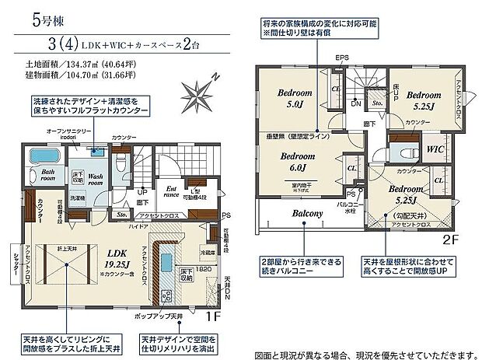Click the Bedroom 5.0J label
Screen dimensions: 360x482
(x=294, y=98)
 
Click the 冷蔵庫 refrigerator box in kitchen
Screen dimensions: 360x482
(x=207, y=252)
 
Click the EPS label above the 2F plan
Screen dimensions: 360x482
(x=342, y=58)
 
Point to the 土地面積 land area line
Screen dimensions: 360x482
(x=81, y=65)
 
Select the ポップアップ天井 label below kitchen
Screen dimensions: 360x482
(x=152, y=316)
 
